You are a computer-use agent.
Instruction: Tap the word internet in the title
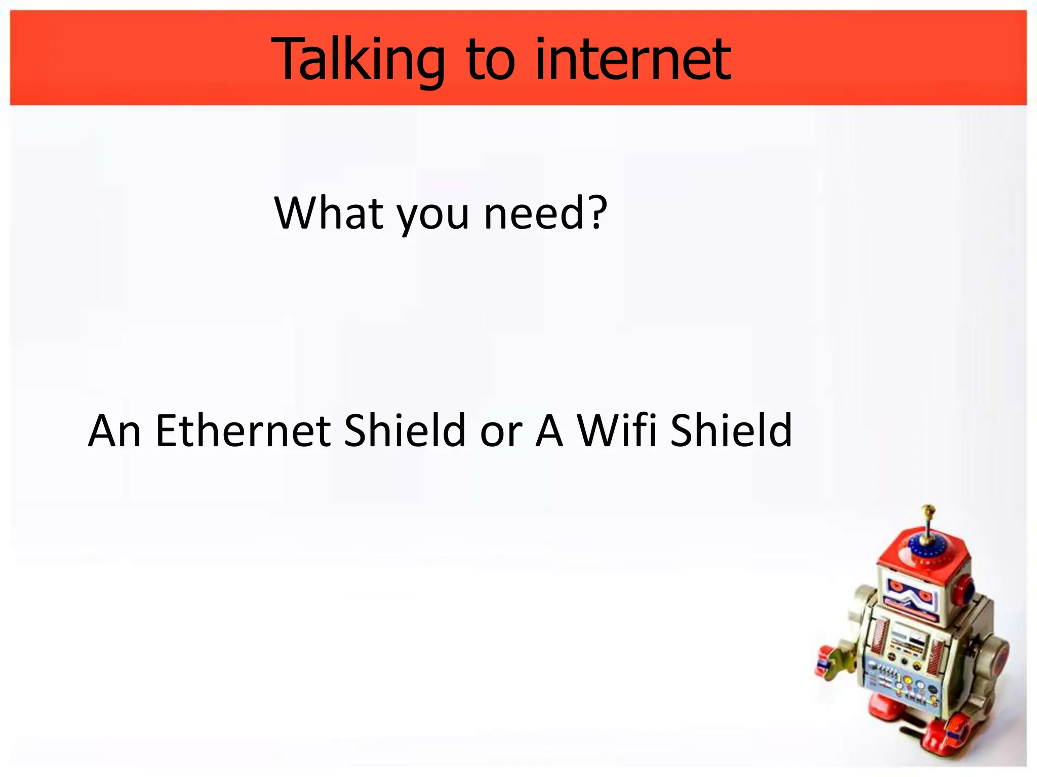pyautogui.click(x=632, y=60)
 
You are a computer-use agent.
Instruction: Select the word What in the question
pyautogui.click(x=329, y=213)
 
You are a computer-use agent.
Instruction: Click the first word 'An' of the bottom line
pyautogui.click(x=114, y=431)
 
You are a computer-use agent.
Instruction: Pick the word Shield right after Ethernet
pyautogui.click(x=405, y=430)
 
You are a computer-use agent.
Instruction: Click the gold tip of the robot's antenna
pyautogui.click(x=928, y=509)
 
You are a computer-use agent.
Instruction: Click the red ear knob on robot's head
pyautogui.click(x=964, y=589)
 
